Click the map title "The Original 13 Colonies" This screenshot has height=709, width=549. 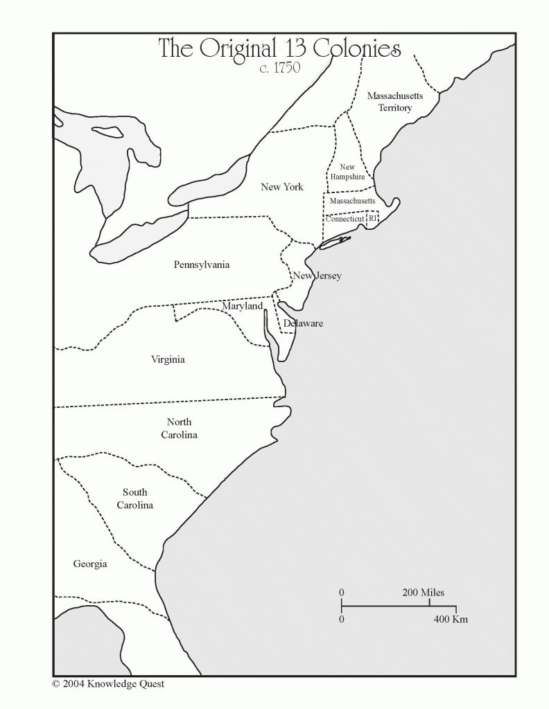click(x=279, y=48)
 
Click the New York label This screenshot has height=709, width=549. click(x=281, y=187)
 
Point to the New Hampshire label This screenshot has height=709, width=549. click(x=347, y=172)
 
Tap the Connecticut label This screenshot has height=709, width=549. click(x=345, y=219)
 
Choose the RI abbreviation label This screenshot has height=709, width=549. click(x=373, y=218)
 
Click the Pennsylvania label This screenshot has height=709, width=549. click(x=202, y=264)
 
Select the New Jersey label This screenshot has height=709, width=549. click(x=317, y=276)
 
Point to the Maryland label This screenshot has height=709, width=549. click(x=242, y=306)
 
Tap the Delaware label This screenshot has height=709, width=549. click(x=303, y=323)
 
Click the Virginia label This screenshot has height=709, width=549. click(x=168, y=359)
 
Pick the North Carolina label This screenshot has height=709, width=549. click(x=180, y=429)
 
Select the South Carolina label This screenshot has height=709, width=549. click(x=134, y=499)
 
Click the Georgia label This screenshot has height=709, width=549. click(x=90, y=564)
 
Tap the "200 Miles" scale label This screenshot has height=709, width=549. click(x=423, y=593)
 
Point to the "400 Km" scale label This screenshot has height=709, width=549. click(x=451, y=619)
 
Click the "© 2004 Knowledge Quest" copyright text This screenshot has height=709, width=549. click(x=108, y=684)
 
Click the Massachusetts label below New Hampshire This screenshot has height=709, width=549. click(x=351, y=201)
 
